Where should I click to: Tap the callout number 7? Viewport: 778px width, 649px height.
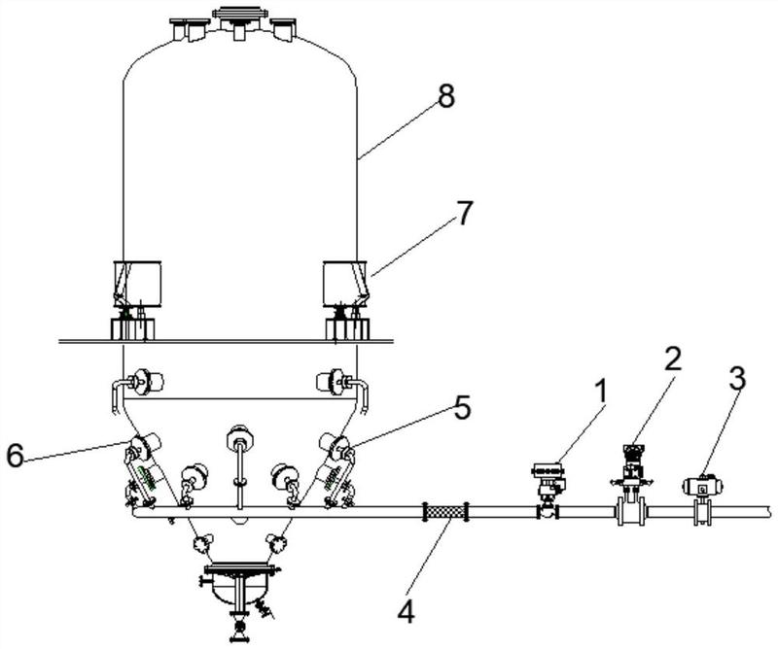pyautogui.click(x=464, y=213)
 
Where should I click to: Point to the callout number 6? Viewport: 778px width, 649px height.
pyautogui.click(x=15, y=455)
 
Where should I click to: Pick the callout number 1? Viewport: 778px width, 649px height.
pyautogui.click(x=600, y=392)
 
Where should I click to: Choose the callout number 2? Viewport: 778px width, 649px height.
pyautogui.click(x=672, y=359)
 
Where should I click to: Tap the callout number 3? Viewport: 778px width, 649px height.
pyautogui.click(x=737, y=378)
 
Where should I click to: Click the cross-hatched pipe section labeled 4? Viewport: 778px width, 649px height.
pyautogui.click(x=446, y=512)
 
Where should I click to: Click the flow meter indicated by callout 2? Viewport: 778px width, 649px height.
pyautogui.click(x=630, y=485)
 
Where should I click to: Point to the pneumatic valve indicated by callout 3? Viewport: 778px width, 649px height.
pyautogui.click(x=702, y=499)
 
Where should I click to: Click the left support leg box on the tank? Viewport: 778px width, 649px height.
pyautogui.click(x=137, y=284)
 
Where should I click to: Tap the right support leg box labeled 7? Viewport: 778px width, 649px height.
pyautogui.click(x=345, y=284)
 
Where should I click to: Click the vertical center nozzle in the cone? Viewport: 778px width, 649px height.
pyautogui.click(x=239, y=465)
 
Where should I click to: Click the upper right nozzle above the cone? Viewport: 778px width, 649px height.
pyautogui.click(x=342, y=383)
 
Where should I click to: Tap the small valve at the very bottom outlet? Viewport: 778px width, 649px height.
pyautogui.click(x=239, y=628)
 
